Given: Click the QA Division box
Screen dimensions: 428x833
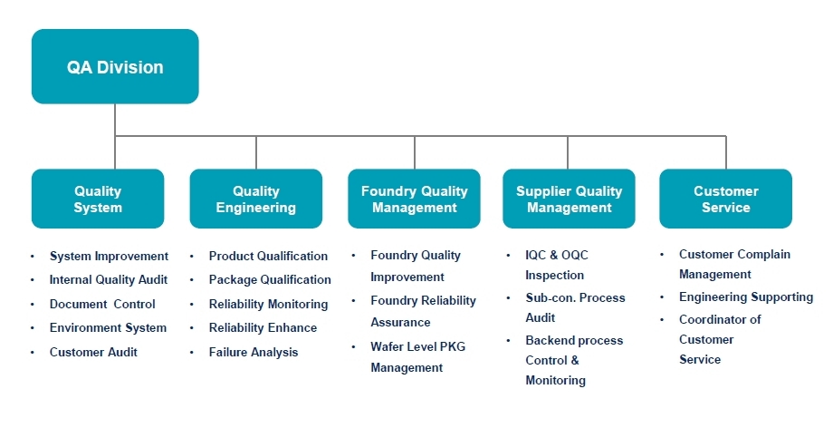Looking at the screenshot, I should tap(115, 66).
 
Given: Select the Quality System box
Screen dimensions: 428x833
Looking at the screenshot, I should tap(98, 199).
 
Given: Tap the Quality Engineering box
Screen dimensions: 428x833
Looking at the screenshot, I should tap(255, 199).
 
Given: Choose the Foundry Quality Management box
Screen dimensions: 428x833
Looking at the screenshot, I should tap(414, 199).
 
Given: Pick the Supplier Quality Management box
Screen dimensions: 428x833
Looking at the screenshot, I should tap(569, 199).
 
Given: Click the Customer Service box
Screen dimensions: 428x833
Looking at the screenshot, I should tap(725, 199).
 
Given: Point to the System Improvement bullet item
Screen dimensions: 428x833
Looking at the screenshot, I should tap(109, 257).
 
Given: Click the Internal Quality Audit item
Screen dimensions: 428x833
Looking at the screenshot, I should tap(108, 280).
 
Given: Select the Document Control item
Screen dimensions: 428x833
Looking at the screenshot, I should tap(102, 304).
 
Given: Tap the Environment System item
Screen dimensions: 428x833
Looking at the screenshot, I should tap(108, 327).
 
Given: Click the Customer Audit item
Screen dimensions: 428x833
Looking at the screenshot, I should tap(93, 352).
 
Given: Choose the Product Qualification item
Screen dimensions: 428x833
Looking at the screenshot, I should tap(268, 257).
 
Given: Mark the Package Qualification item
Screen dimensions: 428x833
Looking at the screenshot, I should tap(270, 280).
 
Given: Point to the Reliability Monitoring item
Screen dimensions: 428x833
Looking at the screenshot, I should tap(268, 304).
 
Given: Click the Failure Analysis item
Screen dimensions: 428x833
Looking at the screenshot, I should tap(253, 352).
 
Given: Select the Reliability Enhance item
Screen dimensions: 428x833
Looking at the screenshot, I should tap(263, 327).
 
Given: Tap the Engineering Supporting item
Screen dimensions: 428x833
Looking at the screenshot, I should tap(745, 297).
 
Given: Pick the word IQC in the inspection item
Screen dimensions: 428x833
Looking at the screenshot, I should tap(538, 256).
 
